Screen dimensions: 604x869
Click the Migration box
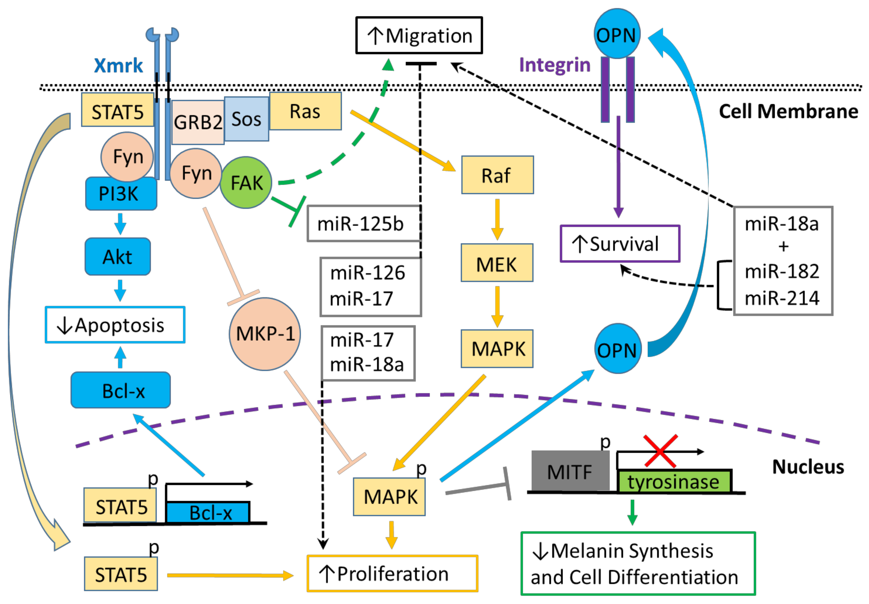[419, 35]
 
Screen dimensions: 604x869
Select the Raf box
[497, 175]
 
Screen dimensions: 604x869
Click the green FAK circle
[246, 182]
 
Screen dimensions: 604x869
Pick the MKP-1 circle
[265, 334]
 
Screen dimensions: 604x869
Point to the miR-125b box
[364, 223]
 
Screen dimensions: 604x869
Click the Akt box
[118, 257]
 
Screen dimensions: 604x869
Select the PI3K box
[121, 193]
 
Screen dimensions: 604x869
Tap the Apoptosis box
[115, 325]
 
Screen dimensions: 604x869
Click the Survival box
[620, 244]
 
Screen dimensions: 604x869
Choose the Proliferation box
[392, 573]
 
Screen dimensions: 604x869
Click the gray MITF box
[570, 471]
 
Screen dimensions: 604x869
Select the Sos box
[246, 119]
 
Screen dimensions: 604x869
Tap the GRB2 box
[198, 122]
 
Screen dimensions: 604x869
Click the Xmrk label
[118, 65]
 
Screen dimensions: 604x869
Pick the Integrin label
[555, 65]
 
